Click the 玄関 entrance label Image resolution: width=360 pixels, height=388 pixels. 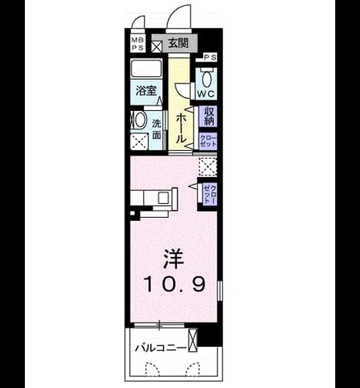tap(178, 43)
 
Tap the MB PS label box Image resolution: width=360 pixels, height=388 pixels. tap(138, 44)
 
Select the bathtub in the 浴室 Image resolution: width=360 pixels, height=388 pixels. tap(146, 69)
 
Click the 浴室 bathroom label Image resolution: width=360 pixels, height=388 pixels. tap(146, 90)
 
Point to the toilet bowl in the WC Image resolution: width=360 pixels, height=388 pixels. tap(207, 78)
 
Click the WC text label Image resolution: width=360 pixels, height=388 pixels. tap(206, 94)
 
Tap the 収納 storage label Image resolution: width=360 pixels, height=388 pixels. tap(208, 116)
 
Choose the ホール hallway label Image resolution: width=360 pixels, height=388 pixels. tap(181, 128)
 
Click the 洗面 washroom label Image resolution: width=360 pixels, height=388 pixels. tap(156, 129)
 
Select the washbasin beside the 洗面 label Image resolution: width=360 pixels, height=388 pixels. tap(139, 120)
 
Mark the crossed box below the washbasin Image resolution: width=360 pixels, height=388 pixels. tap(139, 142)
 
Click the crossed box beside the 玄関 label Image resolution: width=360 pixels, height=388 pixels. tap(156, 47)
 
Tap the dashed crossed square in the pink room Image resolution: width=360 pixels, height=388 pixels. tap(208, 166)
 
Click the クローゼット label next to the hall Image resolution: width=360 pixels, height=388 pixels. tap(208, 141)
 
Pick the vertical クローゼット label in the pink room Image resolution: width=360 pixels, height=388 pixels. tap(210, 194)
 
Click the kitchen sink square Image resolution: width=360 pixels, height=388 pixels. tap(164, 198)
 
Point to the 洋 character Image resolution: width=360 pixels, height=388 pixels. tap(174, 259)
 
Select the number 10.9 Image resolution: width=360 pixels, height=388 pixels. tap(174, 284)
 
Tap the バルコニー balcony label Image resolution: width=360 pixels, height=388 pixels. tap(161, 349)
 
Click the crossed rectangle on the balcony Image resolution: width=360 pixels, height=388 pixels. tap(193, 340)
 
